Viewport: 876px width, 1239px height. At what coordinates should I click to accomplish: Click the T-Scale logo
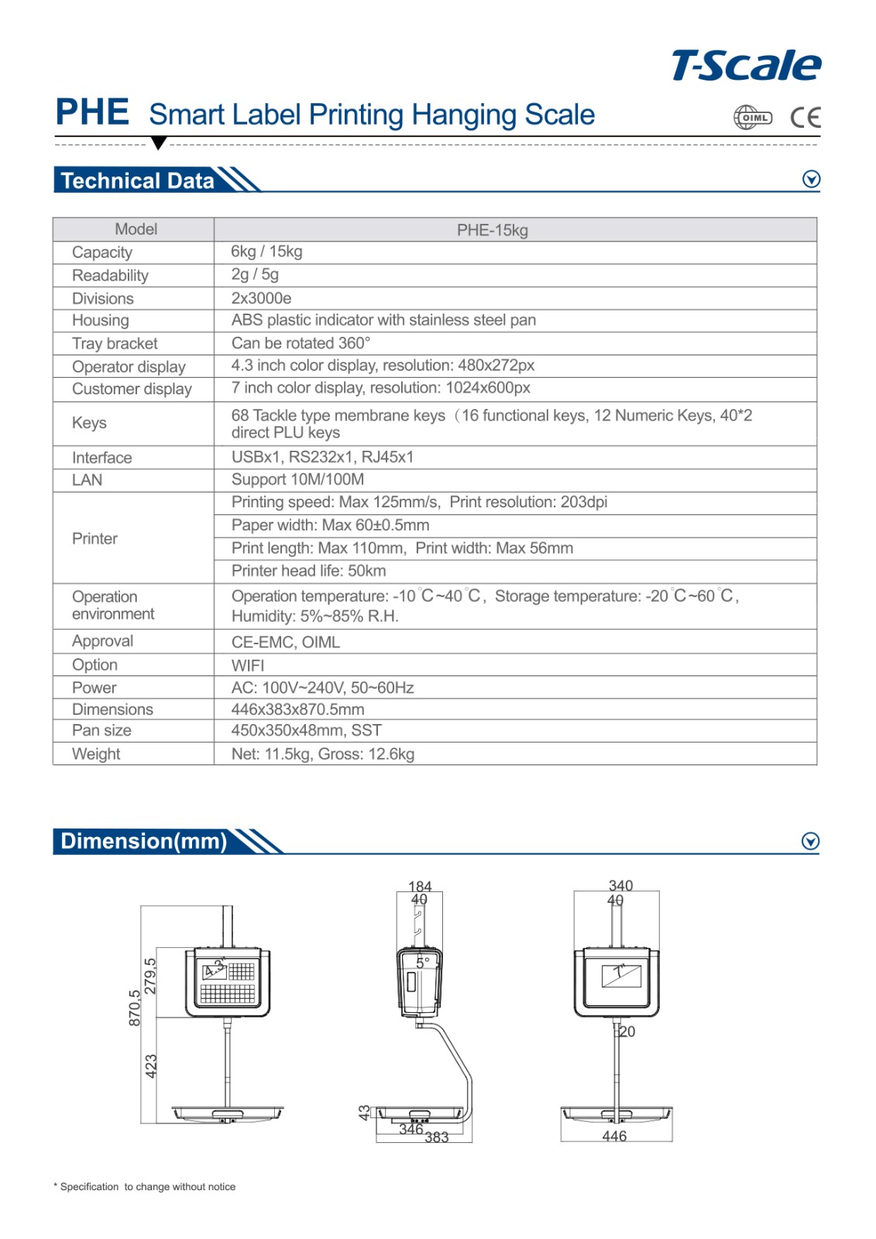click(x=746, y=66)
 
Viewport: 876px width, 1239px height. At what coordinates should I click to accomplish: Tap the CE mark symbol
click(x=806, y=118)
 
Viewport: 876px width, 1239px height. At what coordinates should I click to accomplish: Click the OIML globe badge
click(x=752, y=118)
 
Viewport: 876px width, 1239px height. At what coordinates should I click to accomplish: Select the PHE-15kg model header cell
click(x=492, y=230)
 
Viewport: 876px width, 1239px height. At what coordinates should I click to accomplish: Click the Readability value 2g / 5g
click(x=255, y=275)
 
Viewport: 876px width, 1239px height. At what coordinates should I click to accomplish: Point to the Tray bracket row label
click(x=115, y=344)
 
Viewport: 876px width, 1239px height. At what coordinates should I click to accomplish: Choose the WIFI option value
click(x=248, y=665)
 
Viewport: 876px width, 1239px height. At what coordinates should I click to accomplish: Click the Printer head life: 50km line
click(x=308, y=571)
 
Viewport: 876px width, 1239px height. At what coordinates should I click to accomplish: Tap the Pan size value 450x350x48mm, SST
click(x=306, y=730)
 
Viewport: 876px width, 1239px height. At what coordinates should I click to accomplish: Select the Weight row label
click(x=96, y=753)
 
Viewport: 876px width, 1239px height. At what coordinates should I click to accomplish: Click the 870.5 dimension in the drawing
click(x=135, y=1007)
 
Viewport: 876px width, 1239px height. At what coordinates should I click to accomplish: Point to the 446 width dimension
click(x=614, y=1136)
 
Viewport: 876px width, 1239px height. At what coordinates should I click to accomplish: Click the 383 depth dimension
click(x=437, y=1138)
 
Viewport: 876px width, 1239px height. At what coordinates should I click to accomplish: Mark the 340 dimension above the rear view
click(x=620, y=885)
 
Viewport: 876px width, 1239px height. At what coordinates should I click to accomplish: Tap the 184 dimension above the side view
click(x=420, y=886)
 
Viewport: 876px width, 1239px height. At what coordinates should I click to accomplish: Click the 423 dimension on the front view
click(x=151, y=1066)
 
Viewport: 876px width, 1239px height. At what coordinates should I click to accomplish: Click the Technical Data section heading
click(x=137, y=180)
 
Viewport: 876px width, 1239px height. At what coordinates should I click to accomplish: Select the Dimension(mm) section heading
click(x=144, y=841)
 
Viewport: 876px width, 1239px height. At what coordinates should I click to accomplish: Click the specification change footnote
click(x=145, y=1186)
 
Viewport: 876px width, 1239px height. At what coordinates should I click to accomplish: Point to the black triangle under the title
click(x=159, y=142)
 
